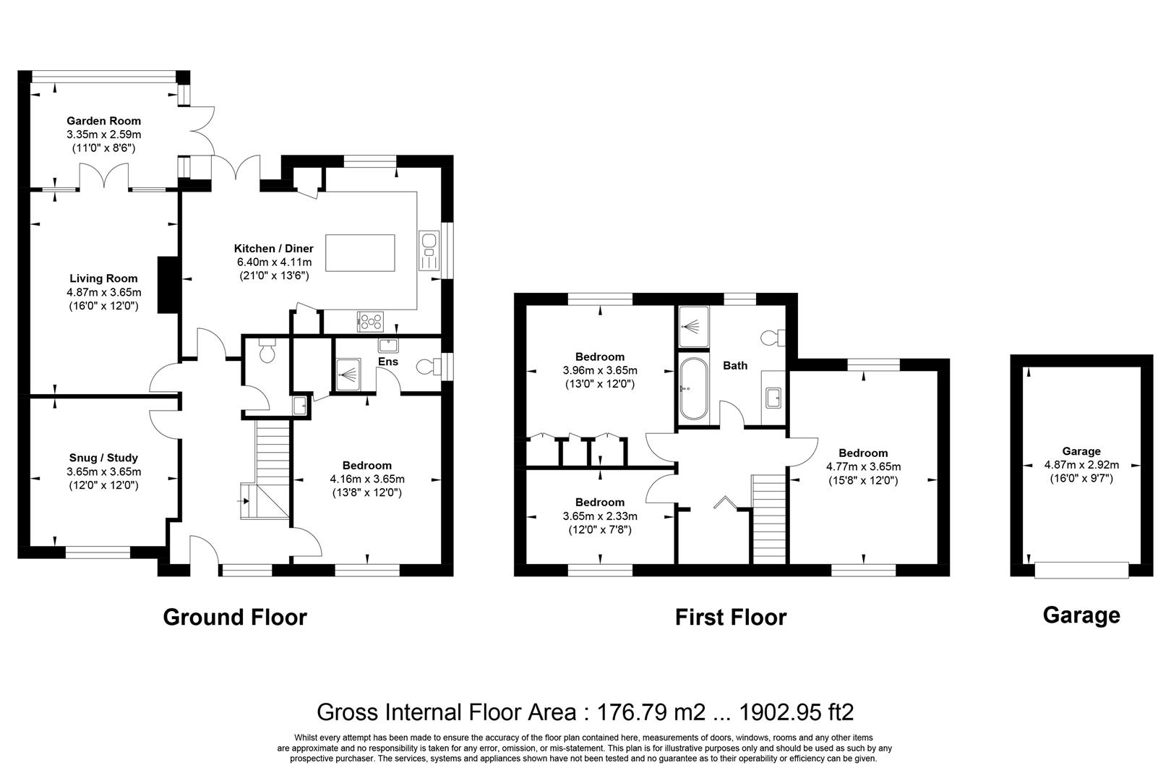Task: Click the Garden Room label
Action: click(x=103, y=121)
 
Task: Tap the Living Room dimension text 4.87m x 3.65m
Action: click(x=103, y=292)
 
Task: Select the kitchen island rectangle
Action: click(x=361, y=252)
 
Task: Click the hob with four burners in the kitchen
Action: click(x=372, y=319)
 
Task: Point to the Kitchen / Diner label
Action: click(x=274, y=248)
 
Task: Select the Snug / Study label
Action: click(x=103, y=458)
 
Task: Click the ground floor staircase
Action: click(x=273, y=456)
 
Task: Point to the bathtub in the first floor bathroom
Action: click(x=693, y=389)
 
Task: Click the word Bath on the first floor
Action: click(x=735, y=366)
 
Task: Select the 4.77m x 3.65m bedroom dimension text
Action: click(x=864, y=466)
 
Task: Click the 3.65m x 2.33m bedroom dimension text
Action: click(x=600, y=516)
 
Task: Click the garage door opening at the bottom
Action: click(x=1081, y=570)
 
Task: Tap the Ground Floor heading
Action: click(x=235, y=617)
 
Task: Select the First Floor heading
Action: click(x=730, y=617)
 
